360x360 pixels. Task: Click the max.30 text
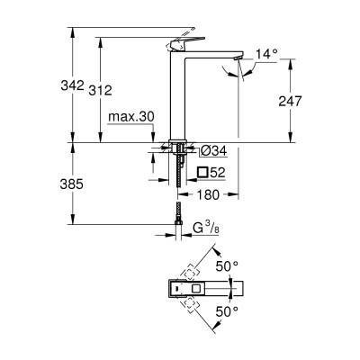tap(130, 116)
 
